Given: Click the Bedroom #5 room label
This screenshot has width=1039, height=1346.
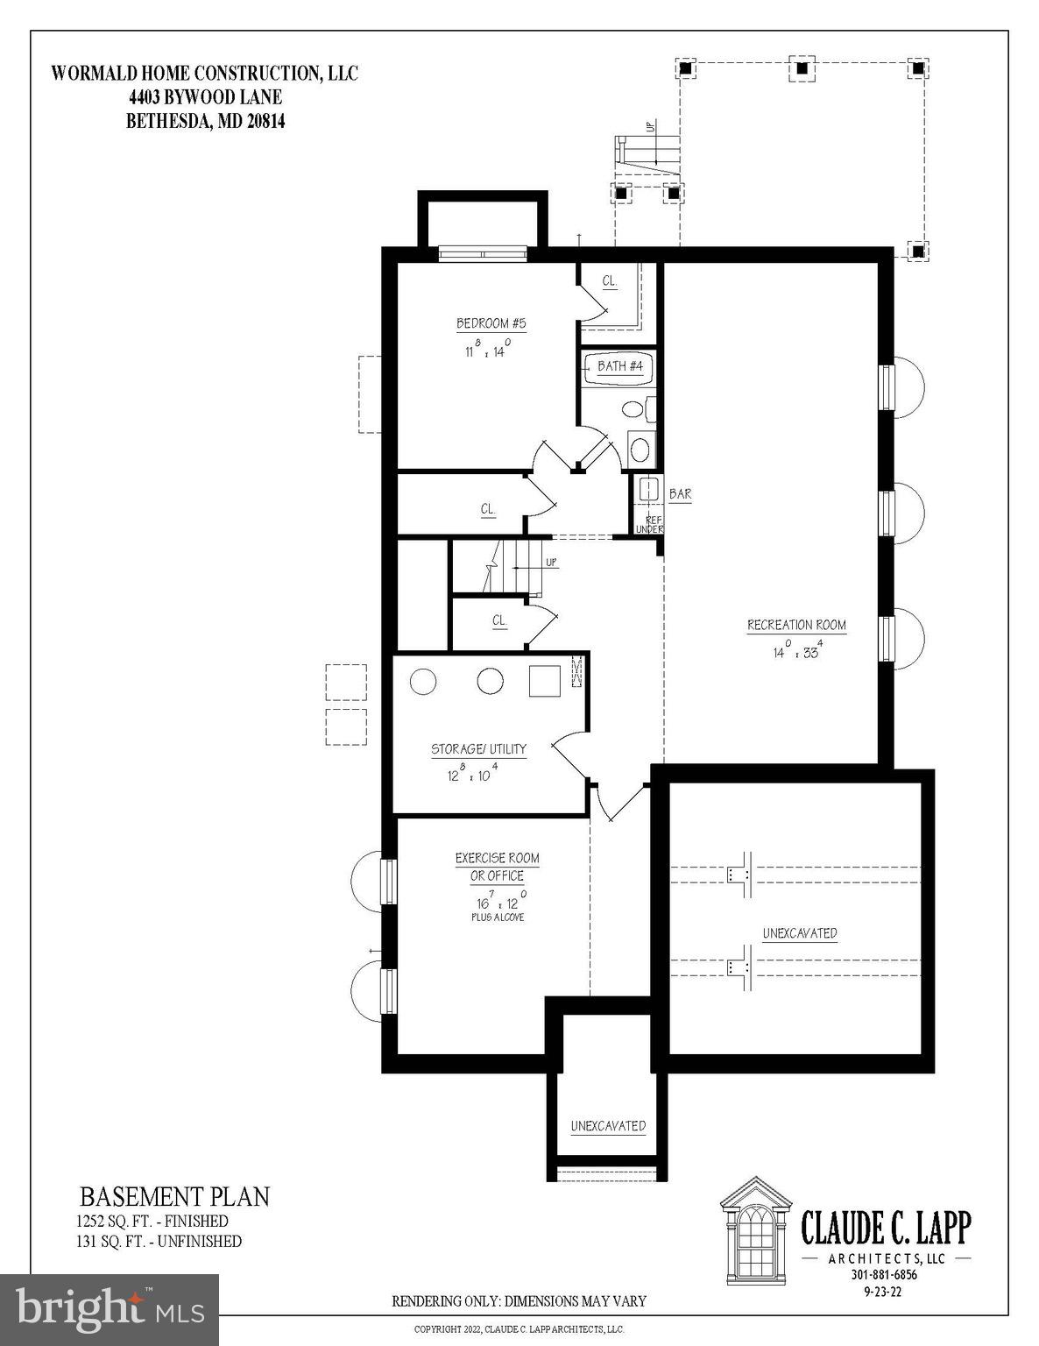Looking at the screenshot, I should pos(491,324).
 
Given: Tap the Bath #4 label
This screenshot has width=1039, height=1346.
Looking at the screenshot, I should pos(619,366).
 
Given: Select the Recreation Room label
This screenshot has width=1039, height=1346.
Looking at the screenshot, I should pos(796,626).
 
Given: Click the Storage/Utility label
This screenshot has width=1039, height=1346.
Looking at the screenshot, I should pos(478,749).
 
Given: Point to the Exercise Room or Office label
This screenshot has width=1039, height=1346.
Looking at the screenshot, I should pos(497,867).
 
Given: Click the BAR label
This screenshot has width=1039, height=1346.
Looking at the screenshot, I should pos(680,494).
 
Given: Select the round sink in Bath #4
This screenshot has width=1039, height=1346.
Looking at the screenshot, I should pos(640,450).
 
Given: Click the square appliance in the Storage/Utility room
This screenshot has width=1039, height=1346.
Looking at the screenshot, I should pos(544,681).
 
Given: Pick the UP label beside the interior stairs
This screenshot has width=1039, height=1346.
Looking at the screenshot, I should pos(551,562).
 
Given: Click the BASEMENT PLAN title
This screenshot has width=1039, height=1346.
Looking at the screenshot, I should pos(174,1196).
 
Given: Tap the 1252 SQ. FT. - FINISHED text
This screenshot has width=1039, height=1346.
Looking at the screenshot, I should pos(152,1221).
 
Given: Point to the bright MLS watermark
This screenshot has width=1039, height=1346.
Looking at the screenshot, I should pos(110,1309).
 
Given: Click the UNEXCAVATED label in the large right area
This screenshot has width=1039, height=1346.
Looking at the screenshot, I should pos(799,933).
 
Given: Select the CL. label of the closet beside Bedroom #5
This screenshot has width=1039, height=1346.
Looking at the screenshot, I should pos(610,281).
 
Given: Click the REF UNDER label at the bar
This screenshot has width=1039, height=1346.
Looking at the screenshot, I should pos(649,524).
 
